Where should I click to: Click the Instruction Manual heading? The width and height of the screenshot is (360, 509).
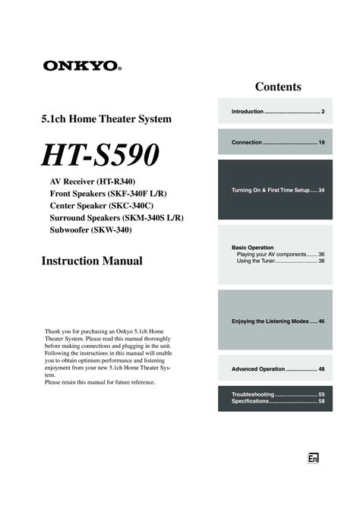tap(91, 261)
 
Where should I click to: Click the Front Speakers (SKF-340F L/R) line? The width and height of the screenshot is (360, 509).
tap(109, 194)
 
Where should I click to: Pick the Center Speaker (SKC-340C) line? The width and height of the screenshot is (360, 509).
tap(101, 206)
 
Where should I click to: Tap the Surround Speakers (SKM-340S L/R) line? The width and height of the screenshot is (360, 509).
tap(116, 217)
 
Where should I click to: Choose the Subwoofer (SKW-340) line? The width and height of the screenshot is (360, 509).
tap(90, 229)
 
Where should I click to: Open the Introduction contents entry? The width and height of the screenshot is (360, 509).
tap(278, 112)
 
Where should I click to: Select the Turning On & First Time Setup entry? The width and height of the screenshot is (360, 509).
tap(278, 189)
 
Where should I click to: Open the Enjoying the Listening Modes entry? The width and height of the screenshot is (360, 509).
tap(278, 321)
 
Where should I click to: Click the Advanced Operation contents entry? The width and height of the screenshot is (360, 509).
tap(278, 368)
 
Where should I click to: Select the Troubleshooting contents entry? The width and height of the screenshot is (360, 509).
tap(278, 394)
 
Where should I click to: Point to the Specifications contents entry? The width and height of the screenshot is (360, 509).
tap(278, 401)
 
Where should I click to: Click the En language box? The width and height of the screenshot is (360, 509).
tap(312, 458)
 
